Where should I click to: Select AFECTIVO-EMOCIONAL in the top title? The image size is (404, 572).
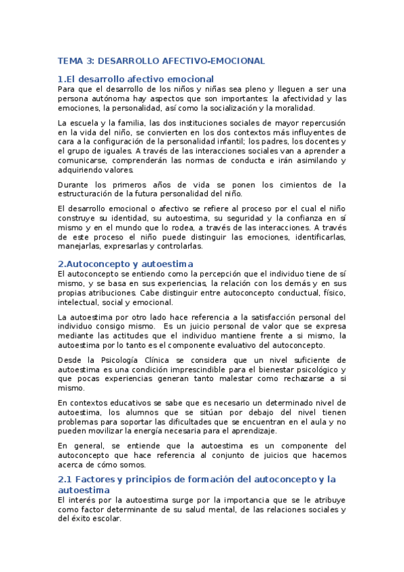coord(215,61)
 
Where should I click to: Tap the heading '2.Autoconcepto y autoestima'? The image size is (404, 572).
coord(126,264)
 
